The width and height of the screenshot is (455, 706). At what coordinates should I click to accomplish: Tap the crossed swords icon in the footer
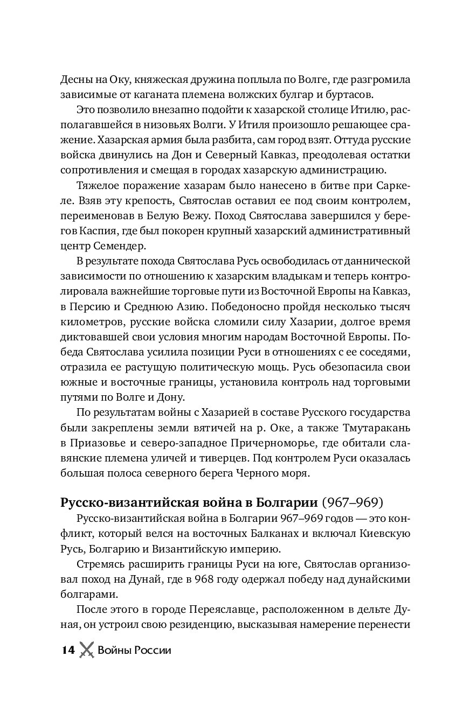tap(86, 650)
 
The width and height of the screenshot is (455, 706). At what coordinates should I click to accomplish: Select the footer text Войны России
tap(134, 650)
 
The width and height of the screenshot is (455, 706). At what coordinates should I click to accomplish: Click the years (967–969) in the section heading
tap(353, 503)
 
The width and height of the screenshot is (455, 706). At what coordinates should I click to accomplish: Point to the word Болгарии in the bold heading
tap(287, 503)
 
